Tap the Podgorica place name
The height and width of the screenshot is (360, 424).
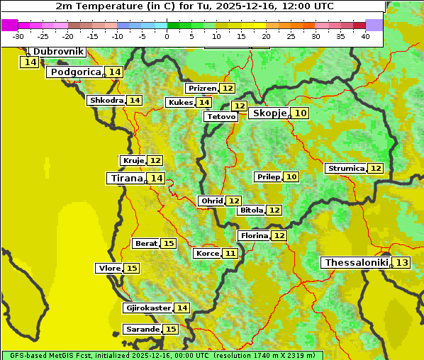pyautogui.click(x=74, y=72)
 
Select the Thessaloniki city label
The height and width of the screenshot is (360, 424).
pyautogui.click(x=355, y=263)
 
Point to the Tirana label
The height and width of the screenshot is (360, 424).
pyautogui.click(x=125, y=179)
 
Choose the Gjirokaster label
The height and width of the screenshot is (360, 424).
pyautogui.click(x=147, y=308)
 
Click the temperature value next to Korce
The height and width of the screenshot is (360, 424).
pyautogui.click(x=230, y=253)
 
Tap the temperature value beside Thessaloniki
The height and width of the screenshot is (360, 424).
pyautogui.click(x=401, y=263)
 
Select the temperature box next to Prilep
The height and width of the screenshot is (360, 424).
pyautogui.click(x=291, y=176)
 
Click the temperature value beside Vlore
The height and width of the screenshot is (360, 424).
pyautogui.click(x=132, y=268)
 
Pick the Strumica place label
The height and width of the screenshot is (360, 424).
pyautogui.click(x=345, y=169)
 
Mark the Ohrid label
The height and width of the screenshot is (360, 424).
pyautogui.click(x=212, y=201)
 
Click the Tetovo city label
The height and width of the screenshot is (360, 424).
pyautogui.click(x=221, y=116)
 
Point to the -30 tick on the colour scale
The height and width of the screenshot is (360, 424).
pyautogui.click(x=18, y=36)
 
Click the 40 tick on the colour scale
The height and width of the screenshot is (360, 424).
pyautogui.click(x=365, y=36)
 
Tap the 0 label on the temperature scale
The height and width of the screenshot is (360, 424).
pyautogui.click(x=167, y=36)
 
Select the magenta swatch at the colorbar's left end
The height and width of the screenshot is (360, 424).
pyautogui.click(x=9, y=25)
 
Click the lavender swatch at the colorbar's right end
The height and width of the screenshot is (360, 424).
pyautogui.click(x=374, y=25)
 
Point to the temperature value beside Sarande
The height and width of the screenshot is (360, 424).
pyautogui.click(x=170, y=330)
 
